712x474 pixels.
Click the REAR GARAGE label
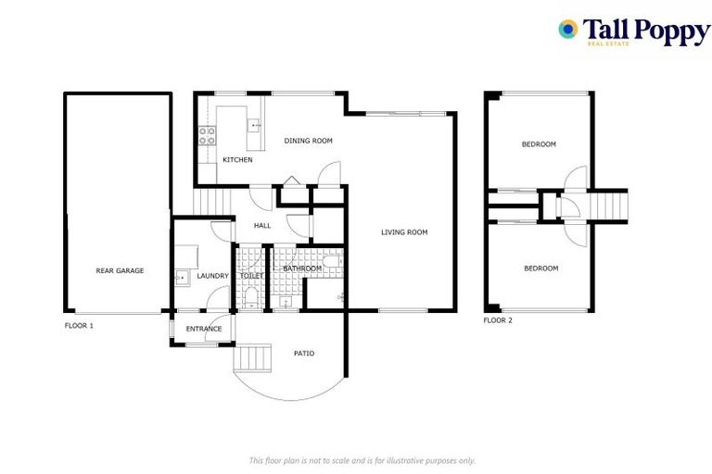120,271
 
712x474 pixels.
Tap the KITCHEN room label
237,160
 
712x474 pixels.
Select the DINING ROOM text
308,141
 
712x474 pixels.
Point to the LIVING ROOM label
404,232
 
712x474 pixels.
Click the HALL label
262,225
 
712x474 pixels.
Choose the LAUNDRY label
212,276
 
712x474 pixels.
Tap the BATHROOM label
302,268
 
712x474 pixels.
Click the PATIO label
304,354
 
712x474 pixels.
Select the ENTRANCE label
204,329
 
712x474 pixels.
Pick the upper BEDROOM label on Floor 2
539,144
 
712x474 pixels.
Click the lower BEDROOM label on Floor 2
540,268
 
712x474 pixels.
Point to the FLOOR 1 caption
79,326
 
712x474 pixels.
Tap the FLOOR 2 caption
498,320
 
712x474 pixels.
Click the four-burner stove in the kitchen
208,136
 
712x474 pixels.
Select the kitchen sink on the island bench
253,124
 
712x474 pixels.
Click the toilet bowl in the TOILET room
251,296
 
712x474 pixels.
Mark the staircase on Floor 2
609,204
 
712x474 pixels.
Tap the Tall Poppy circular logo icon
567,30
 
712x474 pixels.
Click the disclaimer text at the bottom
362,460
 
